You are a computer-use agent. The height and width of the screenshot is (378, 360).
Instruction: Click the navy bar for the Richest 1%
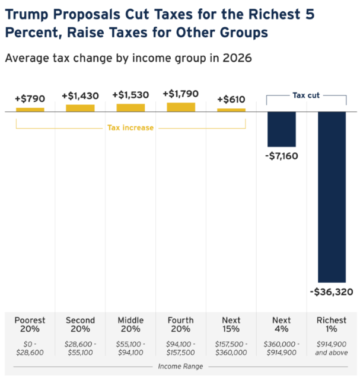coord(332,197)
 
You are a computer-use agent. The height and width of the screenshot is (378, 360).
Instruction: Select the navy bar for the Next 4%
coord(282,129)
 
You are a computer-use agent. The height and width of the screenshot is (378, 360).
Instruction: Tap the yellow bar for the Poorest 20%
coord(30,110)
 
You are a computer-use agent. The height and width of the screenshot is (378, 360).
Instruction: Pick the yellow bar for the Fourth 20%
coord(181,107)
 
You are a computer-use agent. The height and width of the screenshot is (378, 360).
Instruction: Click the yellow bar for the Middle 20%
coord(130,108)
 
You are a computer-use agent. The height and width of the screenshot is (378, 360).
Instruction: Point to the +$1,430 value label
coord(80,95)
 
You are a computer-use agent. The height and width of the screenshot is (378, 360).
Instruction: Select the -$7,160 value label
coord(282,156)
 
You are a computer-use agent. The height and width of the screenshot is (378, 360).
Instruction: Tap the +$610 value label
coord(231,99)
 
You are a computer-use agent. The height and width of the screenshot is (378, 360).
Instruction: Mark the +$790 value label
coord(30,98)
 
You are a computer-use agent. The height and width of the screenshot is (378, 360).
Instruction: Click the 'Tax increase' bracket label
coord(130,127)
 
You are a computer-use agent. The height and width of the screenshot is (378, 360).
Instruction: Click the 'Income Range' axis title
coord(180,366)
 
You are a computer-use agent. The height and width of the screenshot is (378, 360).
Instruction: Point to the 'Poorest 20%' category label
coord(30,324)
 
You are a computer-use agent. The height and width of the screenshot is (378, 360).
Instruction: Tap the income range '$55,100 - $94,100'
coord(130,348)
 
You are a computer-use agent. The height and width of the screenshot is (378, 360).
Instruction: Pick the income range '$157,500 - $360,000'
coord(231,348)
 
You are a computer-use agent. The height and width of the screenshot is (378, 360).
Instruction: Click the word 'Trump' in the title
coord(28,14)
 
